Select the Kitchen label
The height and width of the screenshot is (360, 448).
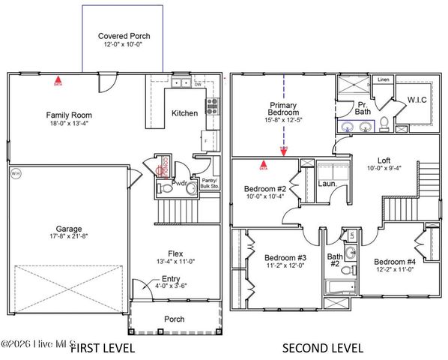pos(185,113)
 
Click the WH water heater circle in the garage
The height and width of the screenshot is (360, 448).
pos(16,174)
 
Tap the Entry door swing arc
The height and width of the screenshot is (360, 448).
pos(137,288)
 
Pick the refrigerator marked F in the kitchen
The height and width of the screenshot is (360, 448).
pos(205,140)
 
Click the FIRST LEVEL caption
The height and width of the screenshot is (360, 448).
pos(103,348)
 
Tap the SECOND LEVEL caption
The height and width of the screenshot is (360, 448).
pos(322,348)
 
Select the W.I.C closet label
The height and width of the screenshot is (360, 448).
pos(417,98)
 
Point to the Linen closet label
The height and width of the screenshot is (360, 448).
pos(384,79)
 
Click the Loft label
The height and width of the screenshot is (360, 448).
pos(383,160)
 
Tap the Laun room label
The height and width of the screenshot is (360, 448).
pos(326,182)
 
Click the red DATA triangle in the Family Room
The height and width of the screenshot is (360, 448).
pos(58,78)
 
